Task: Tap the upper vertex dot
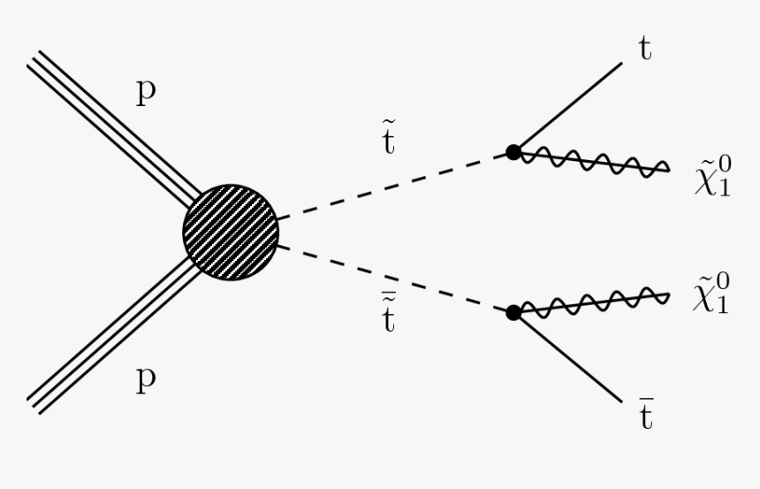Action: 513,152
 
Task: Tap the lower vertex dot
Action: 513,311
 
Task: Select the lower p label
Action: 147,378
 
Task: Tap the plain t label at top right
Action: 645,50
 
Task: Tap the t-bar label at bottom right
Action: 646,414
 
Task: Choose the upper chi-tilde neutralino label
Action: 712,177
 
